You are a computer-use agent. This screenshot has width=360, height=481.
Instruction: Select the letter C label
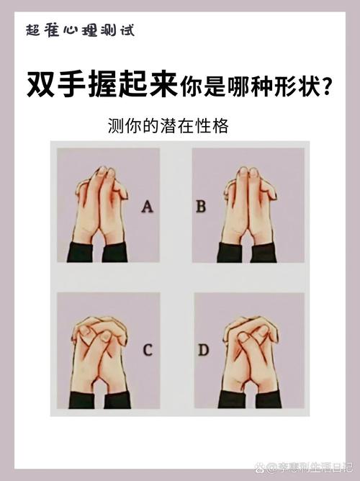pyautogui.click(x=148, y=350)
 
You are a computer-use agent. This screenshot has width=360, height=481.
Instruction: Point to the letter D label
pyautogui.click(x=203, y=350)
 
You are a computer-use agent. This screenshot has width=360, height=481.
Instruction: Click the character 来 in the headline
pyautogui.click(x=163, y=84)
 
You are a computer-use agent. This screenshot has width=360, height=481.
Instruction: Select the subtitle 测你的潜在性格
pyautogui.click(x=168, y=126)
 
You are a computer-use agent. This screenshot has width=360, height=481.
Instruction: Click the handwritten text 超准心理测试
pyautogui.click(x=81, y=31)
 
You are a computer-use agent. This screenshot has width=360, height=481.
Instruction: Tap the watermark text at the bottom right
pyautogui.click(x=304, y=467)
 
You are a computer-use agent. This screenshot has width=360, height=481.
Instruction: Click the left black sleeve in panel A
pyautogui.click(x=81, y=252)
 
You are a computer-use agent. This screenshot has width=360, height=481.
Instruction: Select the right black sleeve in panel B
pyautogui.click(x=263, y=253)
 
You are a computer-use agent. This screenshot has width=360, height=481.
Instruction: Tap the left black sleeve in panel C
pyautogui.click(x=82, y=400)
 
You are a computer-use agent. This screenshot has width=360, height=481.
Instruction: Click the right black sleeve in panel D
pyautogui.click(x=269, y=400)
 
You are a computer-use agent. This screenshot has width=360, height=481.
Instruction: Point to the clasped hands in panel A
pyautogui.click(x=101, y=205)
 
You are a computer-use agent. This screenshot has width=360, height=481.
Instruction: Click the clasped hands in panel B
pyautogui.click(x=249, y=206)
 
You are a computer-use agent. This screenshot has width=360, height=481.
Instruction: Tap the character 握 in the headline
pyautogui.click(x=102, y=84)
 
